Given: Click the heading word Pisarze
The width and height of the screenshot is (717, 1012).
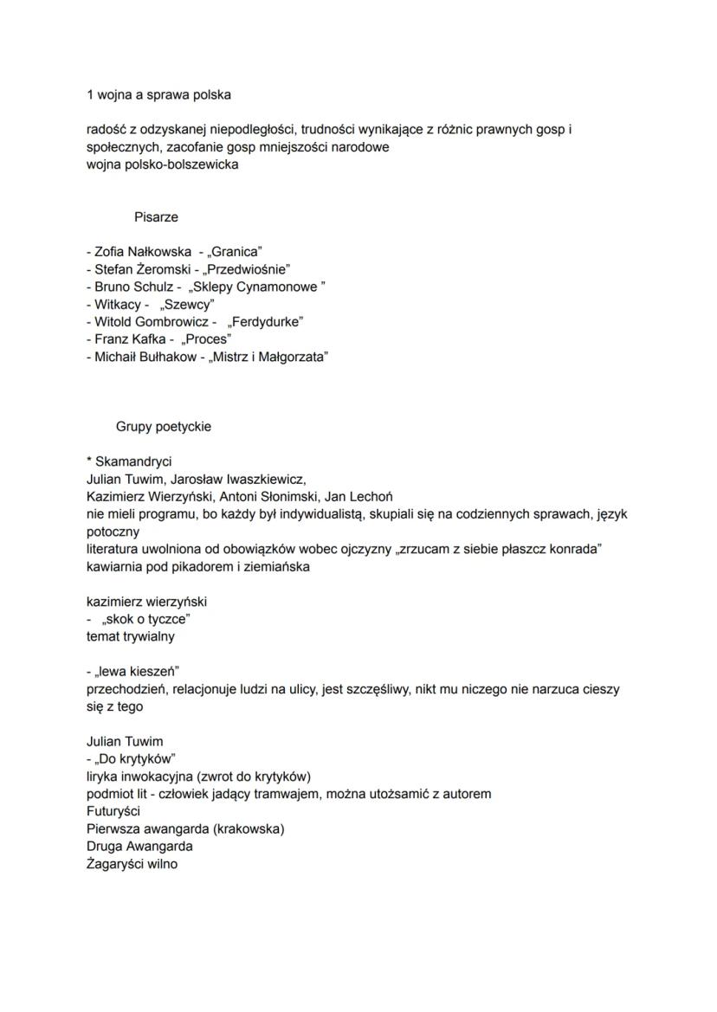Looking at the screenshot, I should click(156, 217).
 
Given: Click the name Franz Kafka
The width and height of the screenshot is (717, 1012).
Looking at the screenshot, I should click(127, 339).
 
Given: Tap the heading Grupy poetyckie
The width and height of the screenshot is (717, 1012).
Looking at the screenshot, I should click(164, 427).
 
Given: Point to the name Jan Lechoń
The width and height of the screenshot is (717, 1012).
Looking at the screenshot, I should click(358, 497).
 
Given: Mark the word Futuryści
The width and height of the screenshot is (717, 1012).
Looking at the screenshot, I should click(113, 811).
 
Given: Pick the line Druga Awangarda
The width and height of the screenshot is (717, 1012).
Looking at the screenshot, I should click(139, 846).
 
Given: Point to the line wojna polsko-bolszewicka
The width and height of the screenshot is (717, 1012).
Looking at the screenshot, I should click(162, 164).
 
